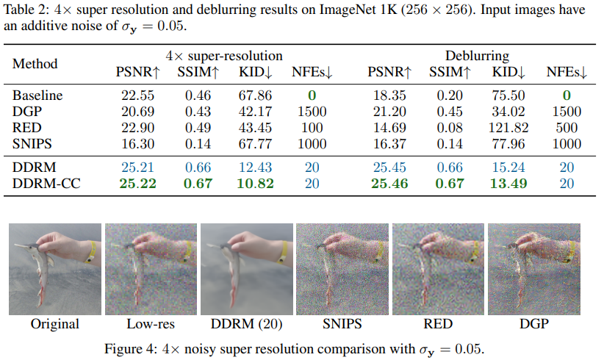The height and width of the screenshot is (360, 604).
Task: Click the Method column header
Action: (x=35, y=64)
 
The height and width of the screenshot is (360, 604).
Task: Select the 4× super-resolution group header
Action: (x=224, y=55)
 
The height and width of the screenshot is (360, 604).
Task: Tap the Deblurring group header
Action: (x=478, y=55)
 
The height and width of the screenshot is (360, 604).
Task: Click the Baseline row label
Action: (x=37, y=96)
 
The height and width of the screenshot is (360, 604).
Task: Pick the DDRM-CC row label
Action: (x=47, y=183)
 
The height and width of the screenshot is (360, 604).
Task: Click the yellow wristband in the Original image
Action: (x=90, y=253)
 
